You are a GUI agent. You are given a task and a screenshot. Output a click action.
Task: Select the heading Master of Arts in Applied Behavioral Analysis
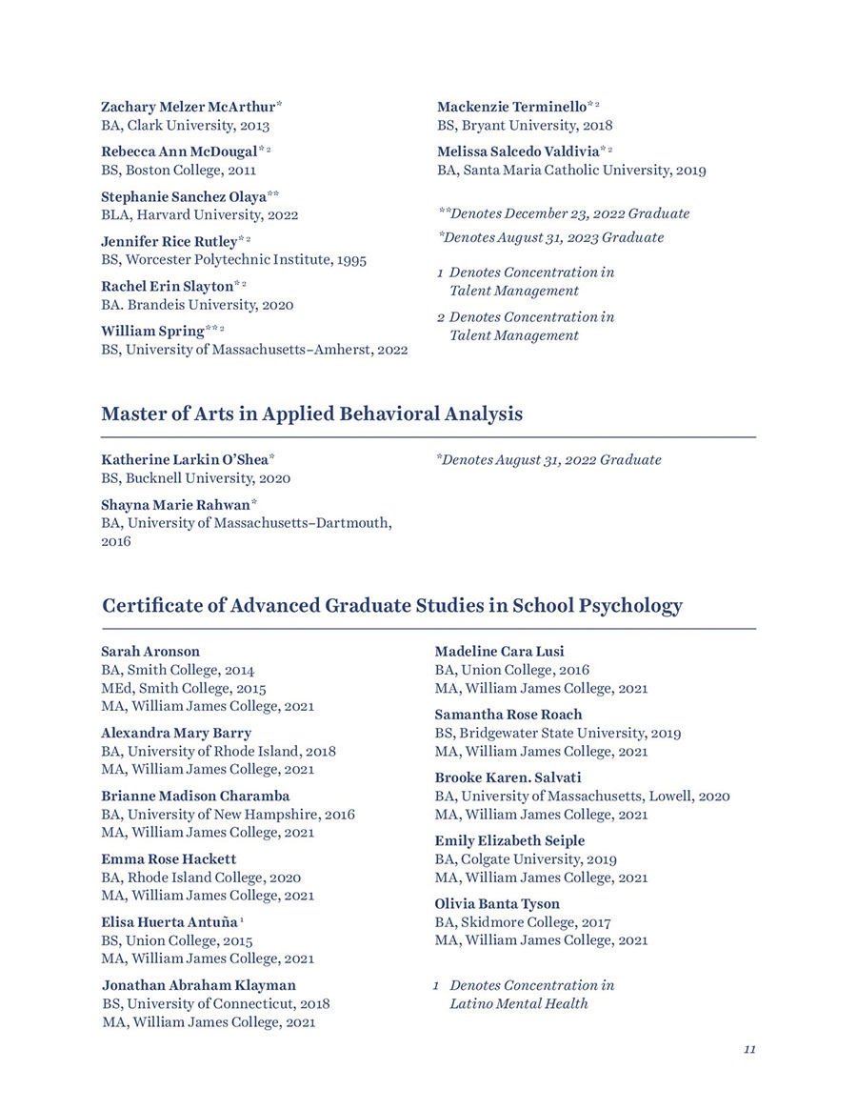[x=311, y=414]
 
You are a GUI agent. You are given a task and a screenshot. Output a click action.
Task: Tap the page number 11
[x=749, y=1049]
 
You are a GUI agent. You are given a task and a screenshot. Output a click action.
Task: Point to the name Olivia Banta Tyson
[x=497, y=903]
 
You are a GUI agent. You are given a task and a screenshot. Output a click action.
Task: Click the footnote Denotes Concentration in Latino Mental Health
[x=531, y=994]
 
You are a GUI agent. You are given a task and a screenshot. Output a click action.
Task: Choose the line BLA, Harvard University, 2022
[x=199, y=215]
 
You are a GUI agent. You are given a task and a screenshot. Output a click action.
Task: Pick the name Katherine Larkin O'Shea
[x=186, y=459]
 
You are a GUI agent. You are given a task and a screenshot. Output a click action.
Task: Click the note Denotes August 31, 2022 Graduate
[x=548, y=459]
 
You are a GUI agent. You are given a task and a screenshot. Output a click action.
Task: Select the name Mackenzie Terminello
[x=511, y=107]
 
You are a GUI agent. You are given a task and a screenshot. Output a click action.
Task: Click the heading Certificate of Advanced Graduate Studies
[x=391, y=606]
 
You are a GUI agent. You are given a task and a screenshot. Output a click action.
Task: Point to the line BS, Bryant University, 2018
[x=525, y=125]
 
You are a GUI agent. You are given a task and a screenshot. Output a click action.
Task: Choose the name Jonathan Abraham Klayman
[x=199, y=985]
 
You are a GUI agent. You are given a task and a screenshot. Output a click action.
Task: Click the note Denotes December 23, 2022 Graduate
[x=564, y=213]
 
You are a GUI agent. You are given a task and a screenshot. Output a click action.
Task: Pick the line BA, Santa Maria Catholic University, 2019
[x=571, y=171]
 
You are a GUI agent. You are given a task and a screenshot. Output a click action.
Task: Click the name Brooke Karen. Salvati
[x=508, y=777]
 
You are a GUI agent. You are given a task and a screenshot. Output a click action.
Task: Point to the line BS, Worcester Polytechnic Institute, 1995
[x=233, y=259]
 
